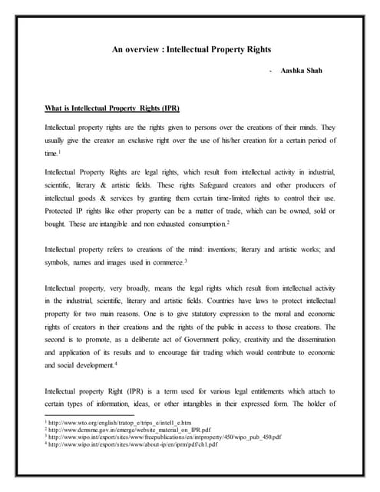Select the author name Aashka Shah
click(303, 70)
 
